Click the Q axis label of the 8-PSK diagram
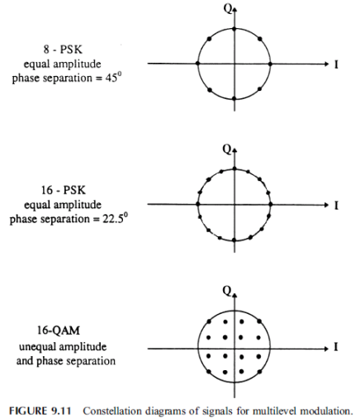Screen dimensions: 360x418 [x=228, y=8]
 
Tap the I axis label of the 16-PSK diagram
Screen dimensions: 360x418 [x=336, y=206]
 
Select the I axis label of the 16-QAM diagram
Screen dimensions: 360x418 [x=336, y=347]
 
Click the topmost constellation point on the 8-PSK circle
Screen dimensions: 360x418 [x=234, y=29]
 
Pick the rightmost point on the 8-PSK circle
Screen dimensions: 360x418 [x=270, y=64]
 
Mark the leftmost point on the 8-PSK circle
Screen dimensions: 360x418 [x=197, y=64]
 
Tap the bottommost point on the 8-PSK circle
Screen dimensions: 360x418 [x=234, y=98]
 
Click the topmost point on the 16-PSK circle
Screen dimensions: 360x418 [x=234, y=169]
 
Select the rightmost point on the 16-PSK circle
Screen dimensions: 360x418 [x=271, y=205]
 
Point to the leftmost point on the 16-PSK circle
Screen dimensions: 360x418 [x=197, y=204]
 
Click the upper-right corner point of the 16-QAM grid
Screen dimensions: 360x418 [x=259, y=321]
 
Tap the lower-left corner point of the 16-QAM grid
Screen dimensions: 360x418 [x=209, y=372]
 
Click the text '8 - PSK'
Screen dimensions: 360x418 [x=63, y=50]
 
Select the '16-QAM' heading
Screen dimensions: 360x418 [x=59, y=330]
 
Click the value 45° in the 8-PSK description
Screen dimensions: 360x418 [x=113, y=78]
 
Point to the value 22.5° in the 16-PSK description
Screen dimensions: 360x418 [x=116, y=219]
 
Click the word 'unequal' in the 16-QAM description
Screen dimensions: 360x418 [x=35, y=347]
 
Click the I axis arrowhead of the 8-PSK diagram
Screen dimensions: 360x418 [x=326, y=64]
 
